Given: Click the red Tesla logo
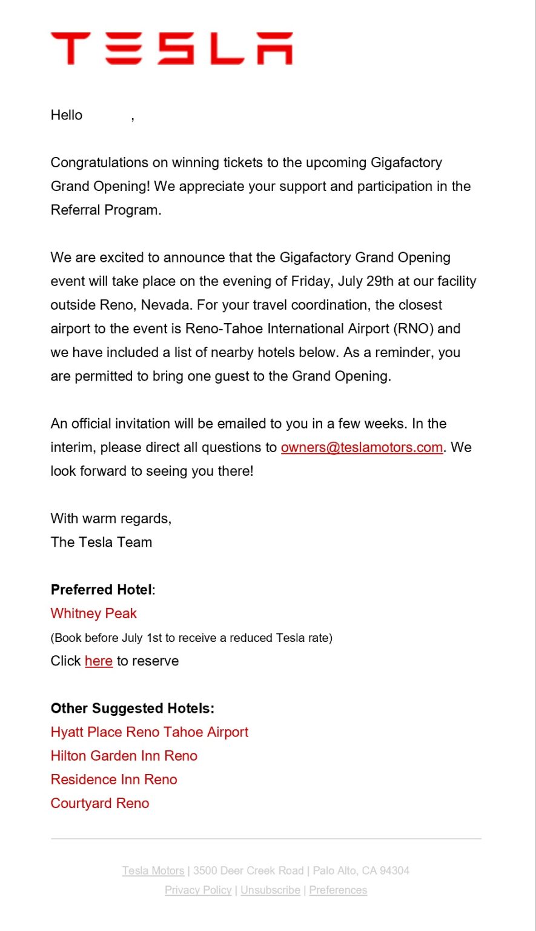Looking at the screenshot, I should click(171, 48).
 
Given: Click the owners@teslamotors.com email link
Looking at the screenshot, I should click(362, 447).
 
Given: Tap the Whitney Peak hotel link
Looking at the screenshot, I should click(94, 613).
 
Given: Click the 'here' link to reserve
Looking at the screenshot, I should click(99, 661).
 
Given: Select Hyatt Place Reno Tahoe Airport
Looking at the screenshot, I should click(150, 732).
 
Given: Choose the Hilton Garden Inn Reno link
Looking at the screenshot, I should click(124, 756).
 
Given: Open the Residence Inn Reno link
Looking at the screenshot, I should click(114, 779).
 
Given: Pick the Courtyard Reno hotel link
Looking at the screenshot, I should click(100, 803).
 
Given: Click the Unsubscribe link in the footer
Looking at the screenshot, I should click(270, 890).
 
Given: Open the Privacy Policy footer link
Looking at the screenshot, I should click(198, 890).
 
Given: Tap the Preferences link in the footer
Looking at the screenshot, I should click(338, 890).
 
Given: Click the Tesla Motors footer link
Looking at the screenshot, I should click(153, 871).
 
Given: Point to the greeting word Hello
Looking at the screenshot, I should click(67, 115).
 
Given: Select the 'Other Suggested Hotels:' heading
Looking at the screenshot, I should click(133, 709).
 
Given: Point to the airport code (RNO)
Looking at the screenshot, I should click(412, 329).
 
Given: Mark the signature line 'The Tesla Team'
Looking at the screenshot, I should click(101, 542).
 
